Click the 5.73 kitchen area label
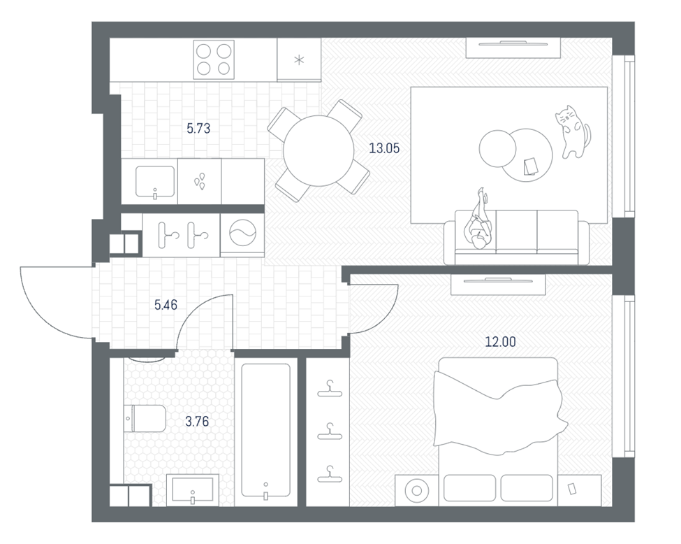pyautogui.click(x=198, y=128)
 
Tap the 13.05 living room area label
pyautogui.click(x=384, y=148)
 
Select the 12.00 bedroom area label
pyautogui.click(x=500, y=342)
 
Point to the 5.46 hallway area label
pyautogui.click(x=166, y=305)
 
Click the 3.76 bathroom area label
pyautogui.click(x=197, y=422)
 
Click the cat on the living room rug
pyautogui.click(x=573, y=131)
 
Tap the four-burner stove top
pyautogui.click(x=213, y=60)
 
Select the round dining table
pyautogui.click(x=318, y=151)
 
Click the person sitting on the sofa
pyautogui.click(x=479, y=221)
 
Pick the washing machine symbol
pyautogui.click(x=242, y=234)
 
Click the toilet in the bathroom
pyautogui.click(x=145, y=419)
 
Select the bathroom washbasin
pyautogui.click(x=192, y=489)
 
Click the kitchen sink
pyautogui.click(x=155, y=182)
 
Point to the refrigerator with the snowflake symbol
pyautogui.click(x=299, y=59)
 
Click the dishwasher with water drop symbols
pyautogui.click(x=199, y=181)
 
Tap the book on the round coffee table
pyautogui.click(x=530, y=166)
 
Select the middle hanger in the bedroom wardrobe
pyautogui.click(x=330, y=431)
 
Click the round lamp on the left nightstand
pyautogui.click(x=416, y=491)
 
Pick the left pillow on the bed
pyautogui.click(x=470, y=488)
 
